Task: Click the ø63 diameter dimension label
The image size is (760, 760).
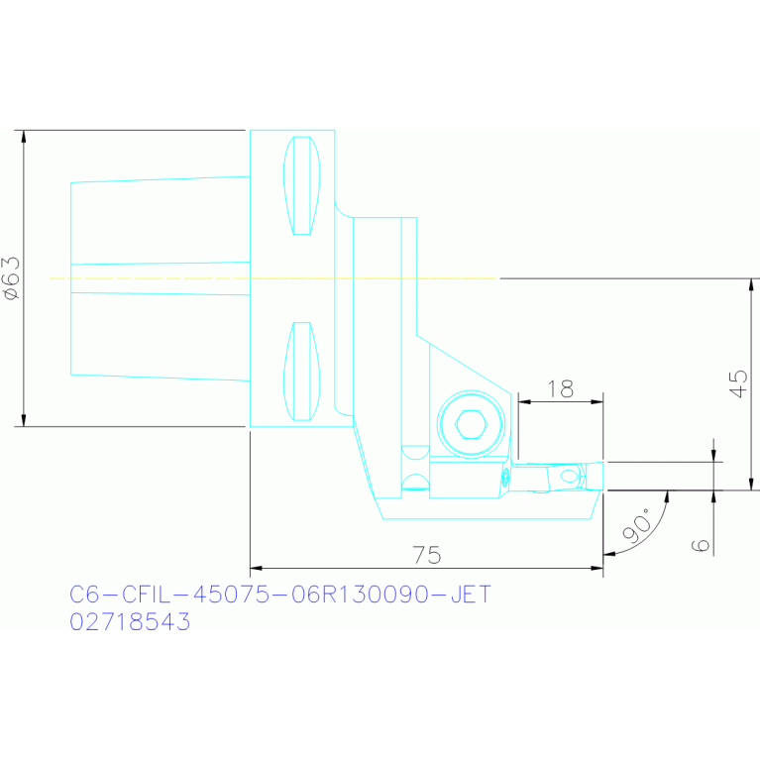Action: [12, 277]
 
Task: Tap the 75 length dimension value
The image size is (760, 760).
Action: [426, 555]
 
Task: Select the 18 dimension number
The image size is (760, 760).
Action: [560, 388]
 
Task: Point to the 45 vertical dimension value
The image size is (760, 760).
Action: [738, 383]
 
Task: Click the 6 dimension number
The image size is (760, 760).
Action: [701, 545]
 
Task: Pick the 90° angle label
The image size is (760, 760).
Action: [637, 525]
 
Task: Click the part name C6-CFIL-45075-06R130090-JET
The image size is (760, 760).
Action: [280, 595]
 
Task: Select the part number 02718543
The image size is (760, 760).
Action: [130, 621]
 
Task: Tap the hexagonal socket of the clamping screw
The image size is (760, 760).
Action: [471, 425]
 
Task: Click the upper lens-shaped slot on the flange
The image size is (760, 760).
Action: [301, 185]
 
